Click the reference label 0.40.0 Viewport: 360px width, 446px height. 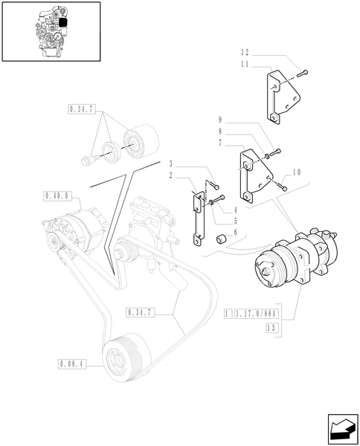point(57,196)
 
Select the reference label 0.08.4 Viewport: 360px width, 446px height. point(71,364)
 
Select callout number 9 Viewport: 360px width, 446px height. point(221,119)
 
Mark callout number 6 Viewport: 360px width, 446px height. point(234,232)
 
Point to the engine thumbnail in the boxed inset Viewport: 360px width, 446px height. point(51,30)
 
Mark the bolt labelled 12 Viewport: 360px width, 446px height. point(303,72)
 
